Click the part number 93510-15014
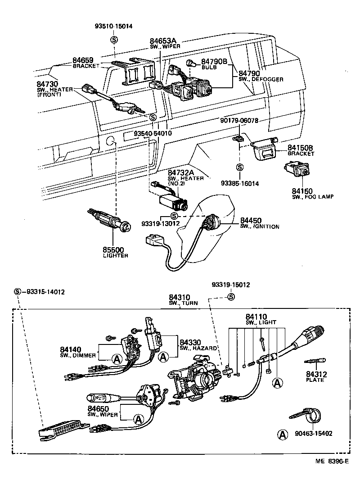114,26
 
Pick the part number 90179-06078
239,121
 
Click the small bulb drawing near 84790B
191,64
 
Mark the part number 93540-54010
153,134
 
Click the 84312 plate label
316,374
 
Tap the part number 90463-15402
314,434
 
